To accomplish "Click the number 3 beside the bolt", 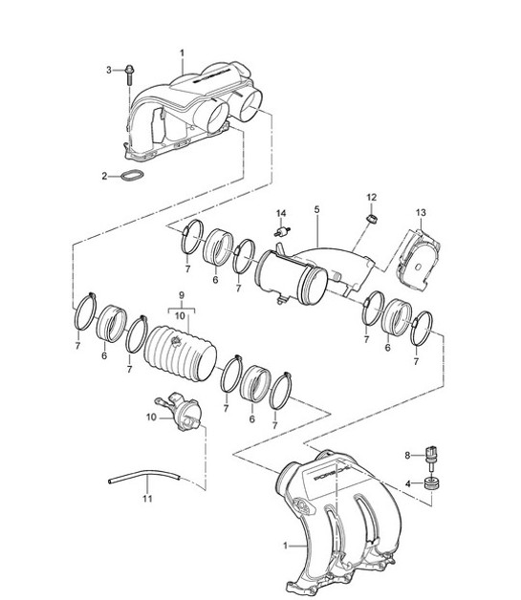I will tap(109, 69).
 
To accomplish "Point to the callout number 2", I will tap(104, 176).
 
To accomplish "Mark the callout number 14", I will tap(281, 212).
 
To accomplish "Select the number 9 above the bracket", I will tap(180, 297).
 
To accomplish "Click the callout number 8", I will tap(406, 454).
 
